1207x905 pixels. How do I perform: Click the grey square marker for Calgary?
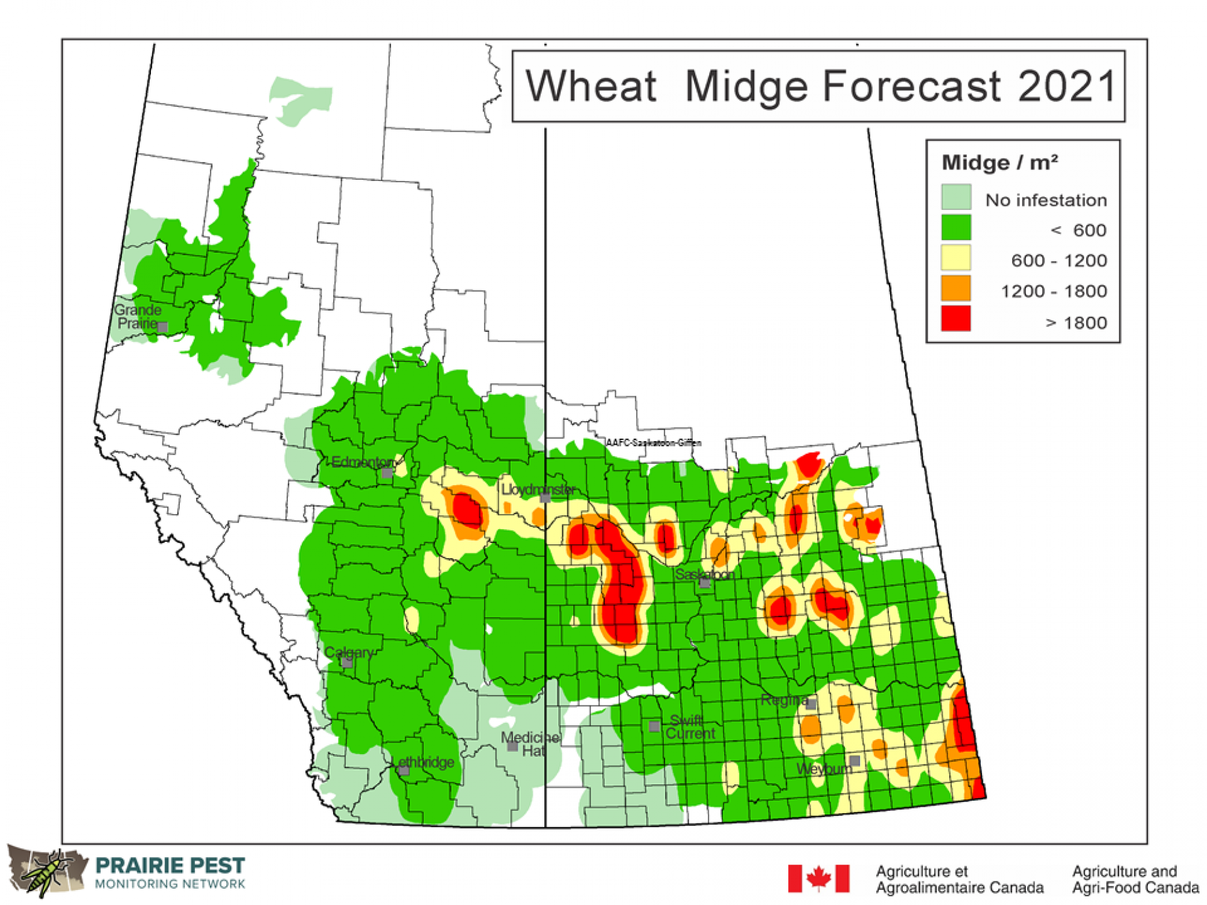pos(347,662)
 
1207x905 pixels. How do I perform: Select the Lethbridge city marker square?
pos(404,770)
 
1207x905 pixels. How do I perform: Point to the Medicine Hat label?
pos(530,744)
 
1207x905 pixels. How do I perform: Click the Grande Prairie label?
pos(138,317)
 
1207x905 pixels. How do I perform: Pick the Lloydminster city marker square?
pos(545,498)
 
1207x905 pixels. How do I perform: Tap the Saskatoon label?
pos(704,574)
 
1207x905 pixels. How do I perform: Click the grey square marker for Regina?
pos(812,704)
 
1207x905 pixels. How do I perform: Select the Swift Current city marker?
pos(654,726)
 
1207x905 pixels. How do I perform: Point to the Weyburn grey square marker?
pos(855,760)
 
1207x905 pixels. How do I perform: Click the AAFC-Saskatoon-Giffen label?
pos(654,443)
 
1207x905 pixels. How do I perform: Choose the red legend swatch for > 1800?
pos(956,319)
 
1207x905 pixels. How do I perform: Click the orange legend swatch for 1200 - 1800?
pos(956,288)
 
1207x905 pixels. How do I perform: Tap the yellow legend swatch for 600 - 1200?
pos(956,258)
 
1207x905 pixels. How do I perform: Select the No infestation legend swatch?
pos(956,197)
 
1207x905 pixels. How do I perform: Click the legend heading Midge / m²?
pos(999,163)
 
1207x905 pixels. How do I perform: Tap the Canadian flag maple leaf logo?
pos(818,878)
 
